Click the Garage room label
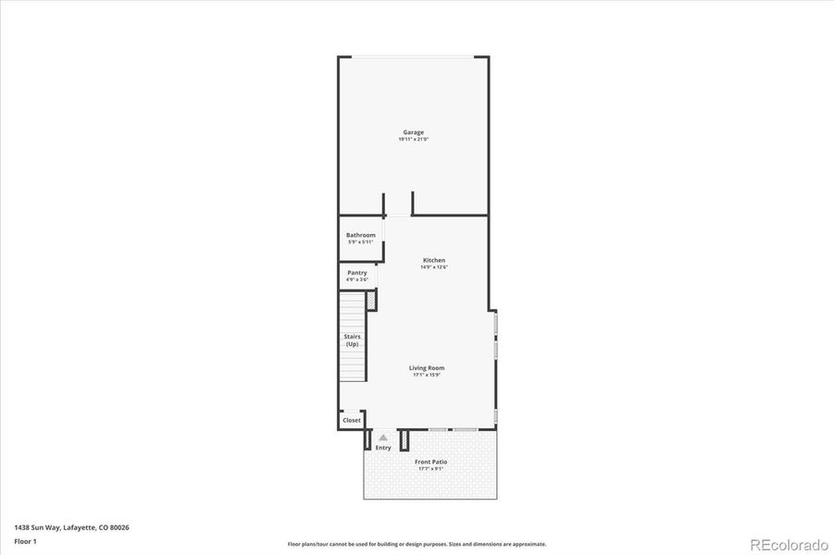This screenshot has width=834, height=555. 413,132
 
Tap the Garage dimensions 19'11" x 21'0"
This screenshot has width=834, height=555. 413,140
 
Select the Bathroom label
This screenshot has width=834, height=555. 361,235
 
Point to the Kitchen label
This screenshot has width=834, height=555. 434,260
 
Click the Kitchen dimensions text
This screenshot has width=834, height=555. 434,267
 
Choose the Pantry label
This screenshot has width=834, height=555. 357,273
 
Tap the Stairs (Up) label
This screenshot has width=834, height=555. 352,340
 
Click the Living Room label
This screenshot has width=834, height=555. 427,367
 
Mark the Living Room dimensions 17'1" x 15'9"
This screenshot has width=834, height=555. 427,375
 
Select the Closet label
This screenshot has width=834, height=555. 352,420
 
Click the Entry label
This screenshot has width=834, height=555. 383,448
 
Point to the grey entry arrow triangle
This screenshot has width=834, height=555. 383,438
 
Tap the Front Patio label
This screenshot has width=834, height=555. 430,462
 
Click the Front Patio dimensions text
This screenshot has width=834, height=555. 430,469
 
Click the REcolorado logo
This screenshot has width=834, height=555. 789,544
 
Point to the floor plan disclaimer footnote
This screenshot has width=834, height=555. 417,544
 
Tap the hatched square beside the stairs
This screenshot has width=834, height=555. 371,301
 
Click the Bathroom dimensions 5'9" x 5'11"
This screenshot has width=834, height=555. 361,242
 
